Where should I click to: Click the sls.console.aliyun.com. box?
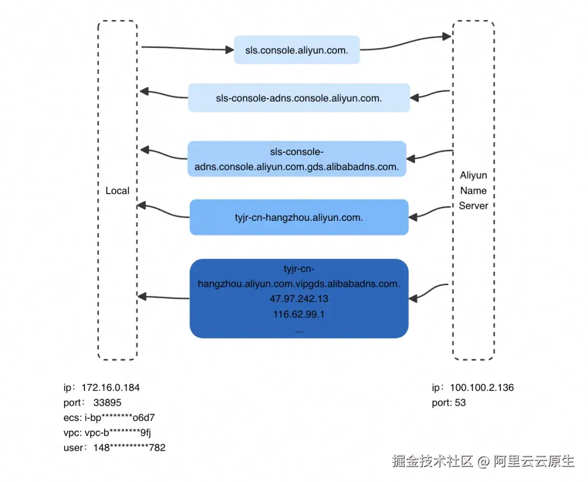(297, 50)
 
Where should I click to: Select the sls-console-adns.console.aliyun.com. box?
(299, 98)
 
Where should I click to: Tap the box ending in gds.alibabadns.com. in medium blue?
(297, 159)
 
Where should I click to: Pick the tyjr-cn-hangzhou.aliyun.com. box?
(299, 217)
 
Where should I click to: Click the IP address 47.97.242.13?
(299, 299)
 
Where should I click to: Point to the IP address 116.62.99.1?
(299, 315)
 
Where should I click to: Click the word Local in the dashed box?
(118, 191)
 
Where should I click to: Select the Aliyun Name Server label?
(473, 191)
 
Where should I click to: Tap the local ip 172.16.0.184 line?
(101, 388)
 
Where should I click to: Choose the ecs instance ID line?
(109, 418)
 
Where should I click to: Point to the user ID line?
(114, 448)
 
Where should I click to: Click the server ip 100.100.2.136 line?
(472, 388)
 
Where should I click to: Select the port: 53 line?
(449, 403)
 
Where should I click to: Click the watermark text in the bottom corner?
(483, 461)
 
